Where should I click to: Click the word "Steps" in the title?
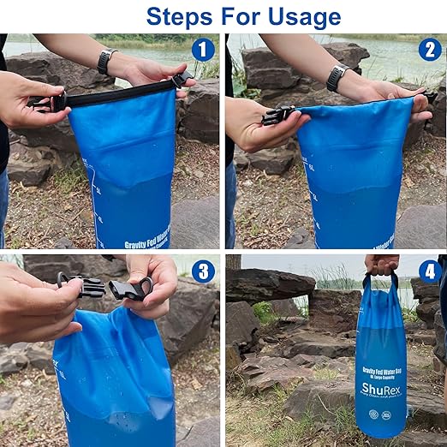tap(181, 16)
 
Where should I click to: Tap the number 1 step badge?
tap(202, 50)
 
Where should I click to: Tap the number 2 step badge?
tap(430, 50)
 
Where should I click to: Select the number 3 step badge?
tap(202, 271)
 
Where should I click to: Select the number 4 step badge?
tap(430, 271)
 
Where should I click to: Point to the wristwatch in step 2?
tap(337, 78)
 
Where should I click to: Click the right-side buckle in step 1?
tap(182, 80)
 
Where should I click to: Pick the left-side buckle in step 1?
tap(42, 103)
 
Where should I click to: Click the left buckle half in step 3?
tap(81, 285)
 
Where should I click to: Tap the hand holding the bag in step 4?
tap(381, 263)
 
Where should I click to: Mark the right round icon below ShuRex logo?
tap(387, 414)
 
